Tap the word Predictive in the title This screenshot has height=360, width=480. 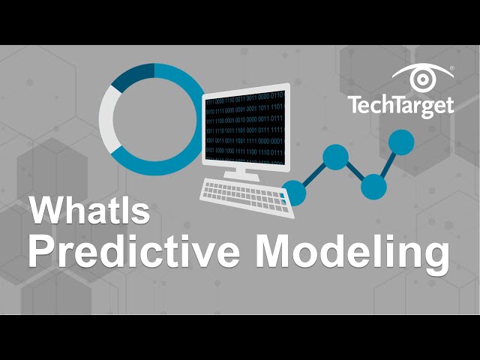(134, 252)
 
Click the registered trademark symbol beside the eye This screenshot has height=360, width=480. (452, 68)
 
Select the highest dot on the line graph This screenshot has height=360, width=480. (402, 142)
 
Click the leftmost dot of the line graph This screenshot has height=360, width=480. (294, 193)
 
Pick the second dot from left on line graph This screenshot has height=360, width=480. (335, 157)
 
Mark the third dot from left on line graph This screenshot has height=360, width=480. (373, 186)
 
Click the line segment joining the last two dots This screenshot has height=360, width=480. (388, 164)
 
